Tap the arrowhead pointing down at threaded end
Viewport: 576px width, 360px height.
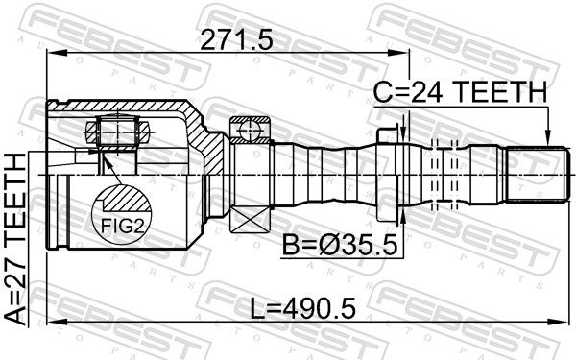click(x=548, y=136)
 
